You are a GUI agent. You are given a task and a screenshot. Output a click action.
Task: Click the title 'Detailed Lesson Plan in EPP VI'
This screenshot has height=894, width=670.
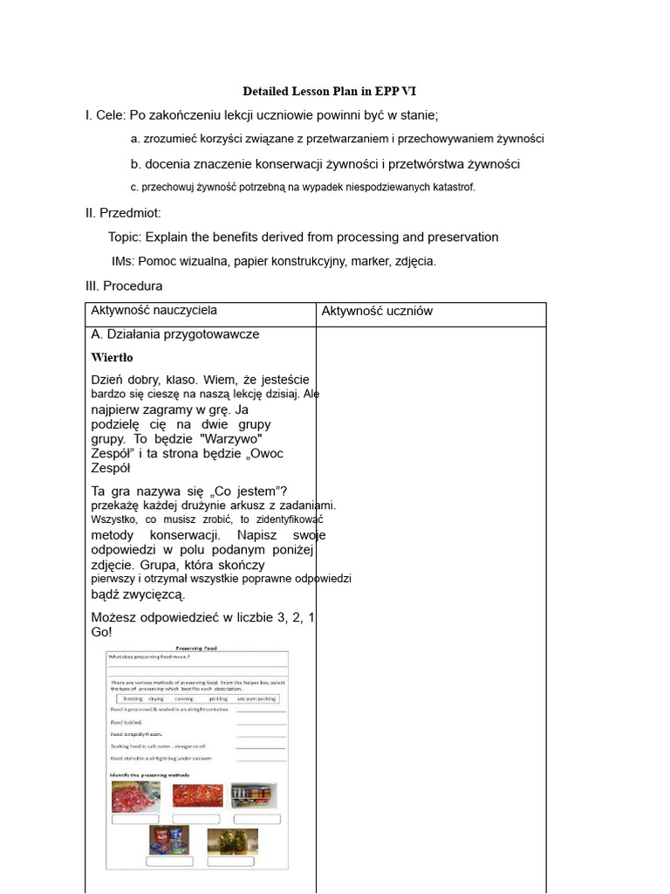click(x=335, y=92)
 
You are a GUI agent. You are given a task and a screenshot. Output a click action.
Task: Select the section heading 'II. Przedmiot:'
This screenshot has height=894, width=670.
click(x=123, y=213)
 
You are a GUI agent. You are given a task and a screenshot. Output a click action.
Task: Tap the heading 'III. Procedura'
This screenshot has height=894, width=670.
click(x=124, y=285)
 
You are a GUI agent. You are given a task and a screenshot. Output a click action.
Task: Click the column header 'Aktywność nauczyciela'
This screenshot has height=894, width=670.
click(x=154, y=310)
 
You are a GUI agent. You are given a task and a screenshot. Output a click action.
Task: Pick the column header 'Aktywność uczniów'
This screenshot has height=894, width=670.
click(x=377, y=311)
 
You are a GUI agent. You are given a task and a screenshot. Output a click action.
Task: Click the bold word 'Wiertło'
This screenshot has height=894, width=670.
click(x=112, y=357)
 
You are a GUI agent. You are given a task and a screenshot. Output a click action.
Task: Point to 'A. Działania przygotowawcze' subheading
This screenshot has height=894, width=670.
click(x=174, y=334)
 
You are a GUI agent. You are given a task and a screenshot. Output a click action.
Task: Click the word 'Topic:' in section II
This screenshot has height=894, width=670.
click(x=125, y=237)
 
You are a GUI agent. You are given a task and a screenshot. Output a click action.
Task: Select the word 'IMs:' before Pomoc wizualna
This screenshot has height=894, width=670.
click(x=123, y=261)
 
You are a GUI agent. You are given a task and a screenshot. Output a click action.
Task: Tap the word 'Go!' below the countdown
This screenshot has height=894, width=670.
click(x=101, y=631)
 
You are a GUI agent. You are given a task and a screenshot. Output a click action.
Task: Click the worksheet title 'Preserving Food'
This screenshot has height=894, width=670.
click(x=196, y=649)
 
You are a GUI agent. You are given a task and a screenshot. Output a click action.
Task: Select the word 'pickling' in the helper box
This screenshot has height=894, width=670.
click(x=218, y=699)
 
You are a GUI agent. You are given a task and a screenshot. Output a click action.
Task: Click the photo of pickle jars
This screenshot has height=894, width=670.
click(x=232, y=842)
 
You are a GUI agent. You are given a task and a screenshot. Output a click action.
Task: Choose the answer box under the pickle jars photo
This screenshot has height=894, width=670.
click(x=232, y=862)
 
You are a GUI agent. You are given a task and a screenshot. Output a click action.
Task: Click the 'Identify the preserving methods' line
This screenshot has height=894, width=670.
click(x=149, y=775)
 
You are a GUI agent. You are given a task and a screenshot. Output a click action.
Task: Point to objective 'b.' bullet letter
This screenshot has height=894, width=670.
click(x=135, y=163)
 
